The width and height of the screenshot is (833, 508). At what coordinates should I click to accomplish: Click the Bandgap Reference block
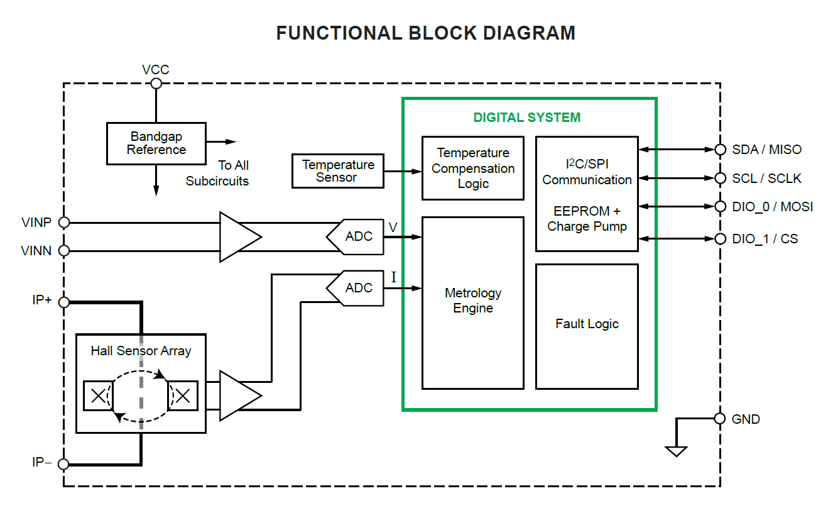point(156,143)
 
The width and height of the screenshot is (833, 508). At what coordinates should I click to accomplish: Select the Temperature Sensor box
point(337,171)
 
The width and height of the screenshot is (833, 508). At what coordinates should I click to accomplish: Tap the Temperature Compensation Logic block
point(472,168)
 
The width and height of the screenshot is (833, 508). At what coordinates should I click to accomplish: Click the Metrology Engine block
point(472,302)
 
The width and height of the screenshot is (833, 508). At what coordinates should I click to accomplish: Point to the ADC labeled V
point(356,237)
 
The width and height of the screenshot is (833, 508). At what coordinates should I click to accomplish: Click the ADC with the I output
point(356,289)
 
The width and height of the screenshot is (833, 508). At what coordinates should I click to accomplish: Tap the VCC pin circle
point(156,84)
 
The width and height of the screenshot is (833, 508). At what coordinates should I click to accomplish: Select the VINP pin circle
point(63,222)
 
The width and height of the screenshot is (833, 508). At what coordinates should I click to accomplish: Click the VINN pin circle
point(63,251)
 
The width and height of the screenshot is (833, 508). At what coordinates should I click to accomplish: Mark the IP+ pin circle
point(63,302)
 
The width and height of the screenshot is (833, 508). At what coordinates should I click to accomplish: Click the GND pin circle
point(720,419)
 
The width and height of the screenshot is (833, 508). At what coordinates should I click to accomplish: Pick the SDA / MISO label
point(766,150)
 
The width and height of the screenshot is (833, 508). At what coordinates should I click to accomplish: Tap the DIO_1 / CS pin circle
point(720,239)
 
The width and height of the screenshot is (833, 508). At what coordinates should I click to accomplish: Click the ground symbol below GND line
point(676,451)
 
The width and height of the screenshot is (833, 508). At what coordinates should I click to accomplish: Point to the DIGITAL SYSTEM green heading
point(526,118)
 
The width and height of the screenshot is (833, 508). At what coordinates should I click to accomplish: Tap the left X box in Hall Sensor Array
point(99,396)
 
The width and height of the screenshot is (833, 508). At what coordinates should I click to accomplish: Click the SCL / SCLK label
point(766,179)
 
